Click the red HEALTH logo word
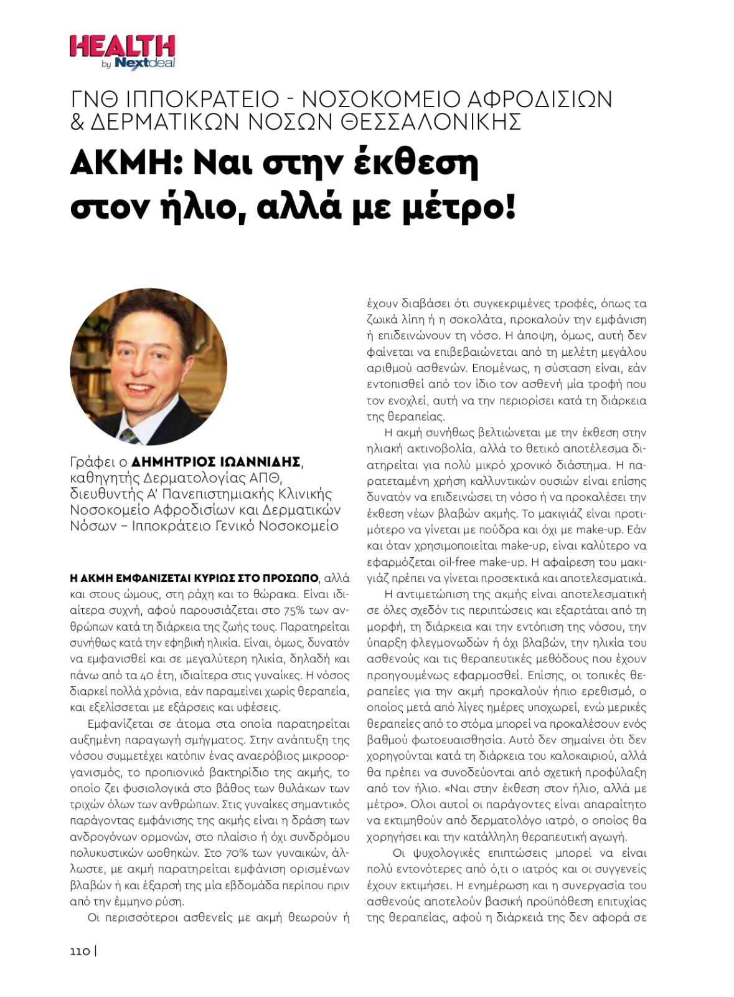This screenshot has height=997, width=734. (x=122, y=47)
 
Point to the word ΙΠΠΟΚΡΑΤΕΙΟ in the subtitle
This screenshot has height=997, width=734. (x=202, y=99)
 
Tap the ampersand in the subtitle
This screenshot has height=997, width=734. (x=77, y=122)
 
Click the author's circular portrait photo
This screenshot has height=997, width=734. (x=148, y=367)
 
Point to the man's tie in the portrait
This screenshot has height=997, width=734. (x=130, y=435)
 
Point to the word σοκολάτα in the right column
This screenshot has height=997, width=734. (x=509, y=320)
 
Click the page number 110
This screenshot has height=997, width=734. (x=80, y=952)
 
